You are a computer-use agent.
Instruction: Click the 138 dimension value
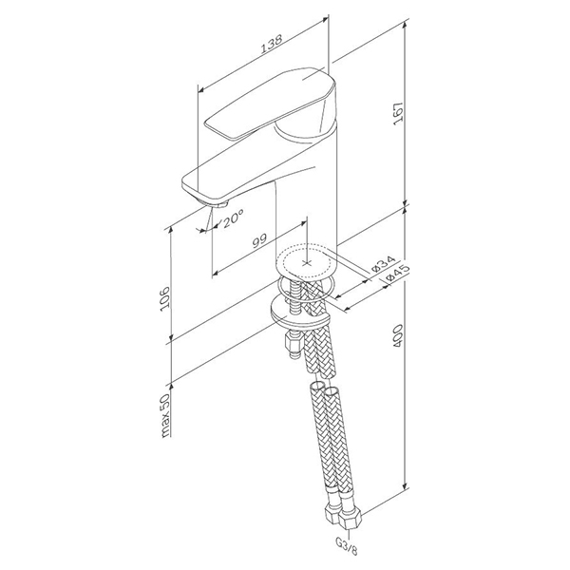[272, 44]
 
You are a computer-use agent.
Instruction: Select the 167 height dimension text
[398, 114]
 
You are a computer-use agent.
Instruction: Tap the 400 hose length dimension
[398, 335]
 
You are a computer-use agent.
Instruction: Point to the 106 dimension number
[164, 297]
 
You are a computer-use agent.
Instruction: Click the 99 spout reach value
[259, 240]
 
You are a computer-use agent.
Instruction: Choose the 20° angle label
[233, 218]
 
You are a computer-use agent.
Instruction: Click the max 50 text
[165, 415]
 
